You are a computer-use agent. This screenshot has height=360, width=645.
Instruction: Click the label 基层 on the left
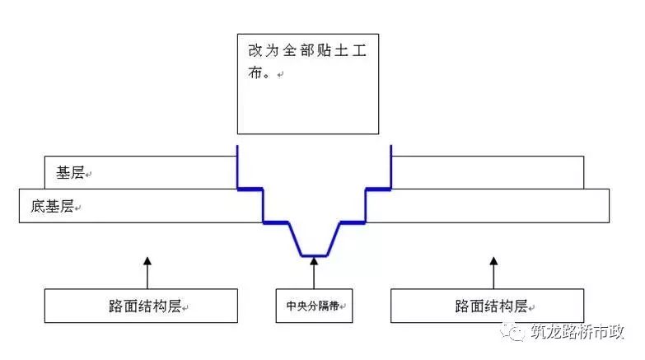pos(70,173)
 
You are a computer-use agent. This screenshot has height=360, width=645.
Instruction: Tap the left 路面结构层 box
pos(142,306)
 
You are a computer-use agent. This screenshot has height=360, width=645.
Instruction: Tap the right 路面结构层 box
pos(491,306)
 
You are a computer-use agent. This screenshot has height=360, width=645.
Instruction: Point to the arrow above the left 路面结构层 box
pos(147,271)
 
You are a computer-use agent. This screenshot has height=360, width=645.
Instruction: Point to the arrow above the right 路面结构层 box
pos(493,271)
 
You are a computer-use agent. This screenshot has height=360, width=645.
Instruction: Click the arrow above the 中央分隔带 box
pos(314,271)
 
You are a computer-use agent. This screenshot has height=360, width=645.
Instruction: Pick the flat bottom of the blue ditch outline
pos(314,255)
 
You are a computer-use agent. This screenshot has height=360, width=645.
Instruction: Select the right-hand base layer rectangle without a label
pos(488,173)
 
